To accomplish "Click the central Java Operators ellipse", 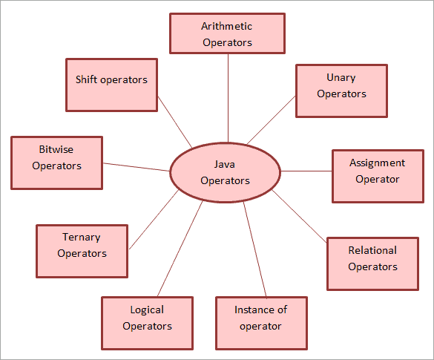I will (225, 172).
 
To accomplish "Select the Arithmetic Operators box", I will (226, 33).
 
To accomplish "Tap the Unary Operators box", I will (341, 91).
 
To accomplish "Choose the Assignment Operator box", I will (377, 176).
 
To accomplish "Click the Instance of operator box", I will (260, 324).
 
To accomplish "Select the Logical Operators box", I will (147, 324).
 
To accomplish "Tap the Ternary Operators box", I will (82, 251).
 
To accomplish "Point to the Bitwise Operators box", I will (56, 163).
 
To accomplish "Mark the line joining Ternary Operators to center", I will (154, 219).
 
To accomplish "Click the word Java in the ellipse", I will (225, 164).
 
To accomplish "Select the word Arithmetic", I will (226, 26).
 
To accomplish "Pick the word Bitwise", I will (56, 149).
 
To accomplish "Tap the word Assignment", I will (377, 163).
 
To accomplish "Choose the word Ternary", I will (82, 238).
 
